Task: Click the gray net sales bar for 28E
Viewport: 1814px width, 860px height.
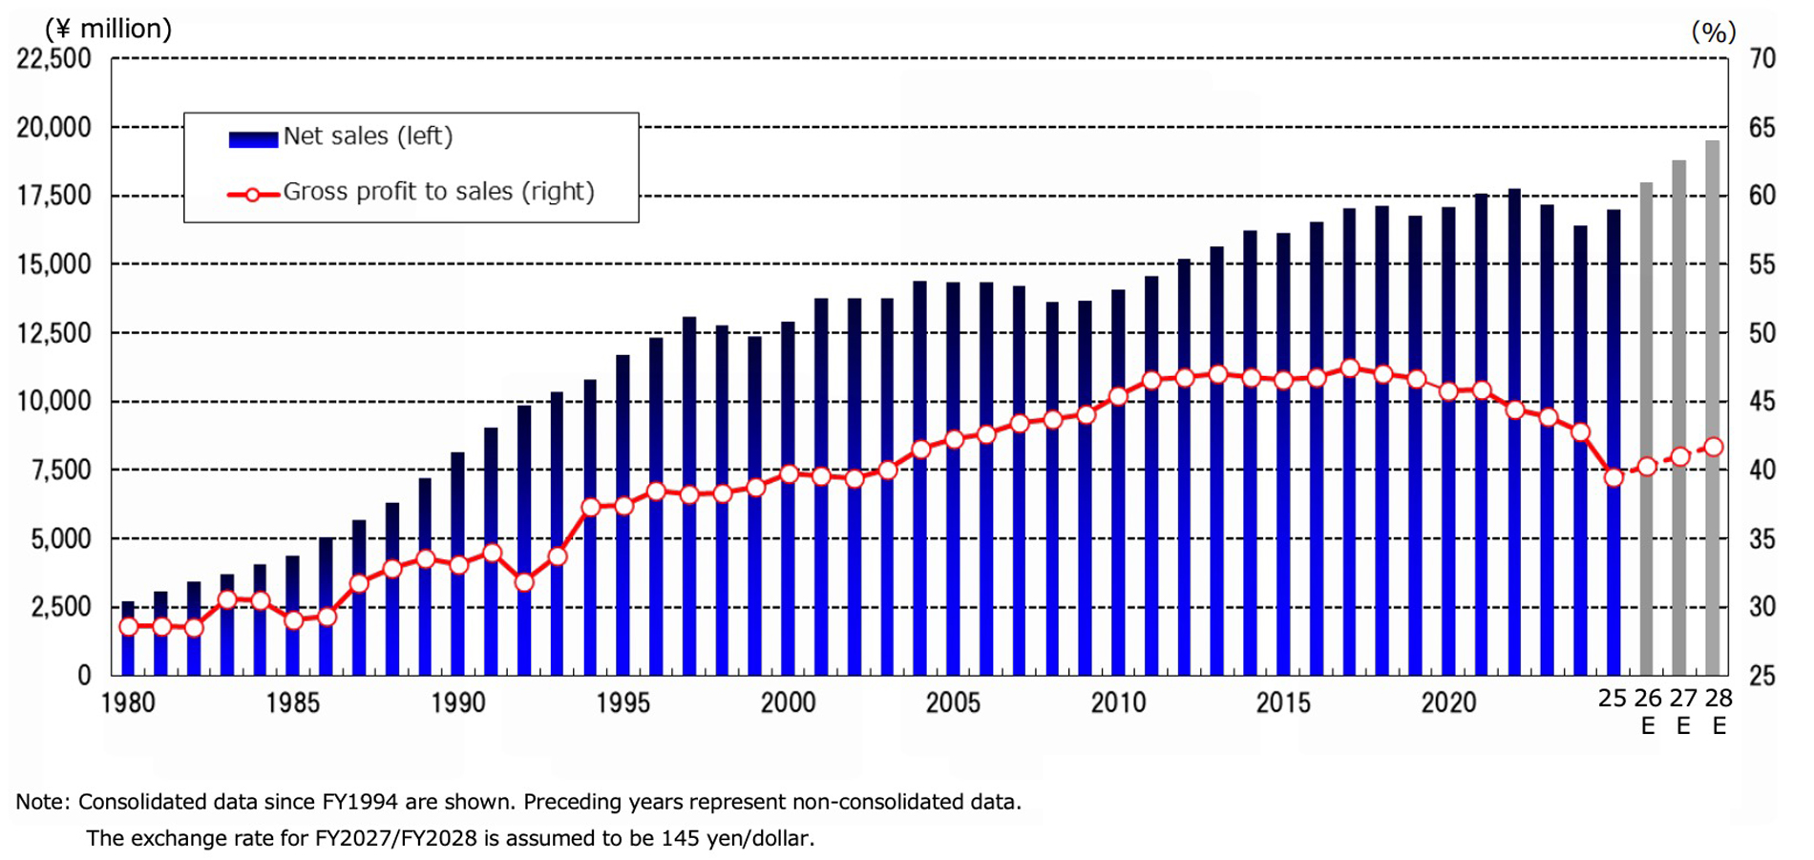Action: [1713, 410]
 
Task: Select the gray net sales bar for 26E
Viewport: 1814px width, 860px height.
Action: [1647, 430]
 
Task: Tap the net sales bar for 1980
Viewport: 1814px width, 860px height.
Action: [128, 640]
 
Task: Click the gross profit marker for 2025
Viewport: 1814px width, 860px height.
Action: [1614, 477]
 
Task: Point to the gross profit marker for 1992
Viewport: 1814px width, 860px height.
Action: [524, 581]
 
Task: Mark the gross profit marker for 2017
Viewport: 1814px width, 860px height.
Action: [1350, 368]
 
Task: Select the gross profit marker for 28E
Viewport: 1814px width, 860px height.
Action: [1714, 447]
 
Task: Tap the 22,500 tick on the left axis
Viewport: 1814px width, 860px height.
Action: [53, 58]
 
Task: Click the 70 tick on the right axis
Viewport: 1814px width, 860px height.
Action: [1762, 58]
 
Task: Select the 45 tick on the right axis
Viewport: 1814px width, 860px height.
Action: [1762, 402]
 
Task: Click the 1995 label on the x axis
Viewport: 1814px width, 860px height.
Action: [622, 703]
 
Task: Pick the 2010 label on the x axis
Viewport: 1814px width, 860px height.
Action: [1118, 703]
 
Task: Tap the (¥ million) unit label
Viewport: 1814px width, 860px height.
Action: [108, 29]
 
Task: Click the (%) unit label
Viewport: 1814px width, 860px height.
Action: [1713, 31]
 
